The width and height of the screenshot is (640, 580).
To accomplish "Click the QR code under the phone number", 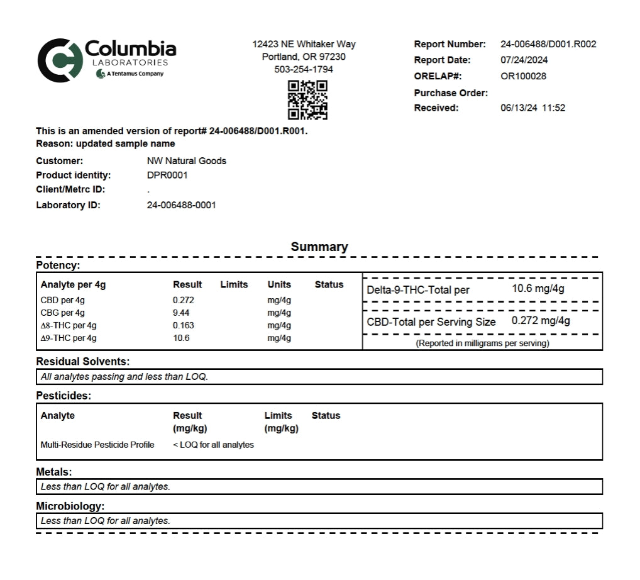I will pos(307,100).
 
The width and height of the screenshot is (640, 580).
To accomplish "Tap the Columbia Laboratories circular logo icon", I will pos(60,60).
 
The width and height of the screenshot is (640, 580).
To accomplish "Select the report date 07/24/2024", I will pos(524,60).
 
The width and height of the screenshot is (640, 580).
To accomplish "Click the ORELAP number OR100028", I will pos(523,76).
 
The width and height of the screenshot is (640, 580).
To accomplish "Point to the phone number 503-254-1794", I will pos(304,69).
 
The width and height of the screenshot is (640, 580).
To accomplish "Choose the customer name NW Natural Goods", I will pos(186,161).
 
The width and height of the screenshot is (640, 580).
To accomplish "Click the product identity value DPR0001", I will pos(167,176).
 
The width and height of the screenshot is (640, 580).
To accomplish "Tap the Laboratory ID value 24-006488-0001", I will pos(181,205).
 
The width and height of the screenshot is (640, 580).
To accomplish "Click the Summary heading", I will pos(319,247).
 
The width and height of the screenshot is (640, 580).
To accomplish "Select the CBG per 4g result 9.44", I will pos(181,313).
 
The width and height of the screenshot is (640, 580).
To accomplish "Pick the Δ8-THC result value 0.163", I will pos(184,325).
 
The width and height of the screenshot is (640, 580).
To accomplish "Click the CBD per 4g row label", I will pos(63,300).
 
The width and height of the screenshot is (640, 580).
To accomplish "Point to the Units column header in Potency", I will pos(279,284).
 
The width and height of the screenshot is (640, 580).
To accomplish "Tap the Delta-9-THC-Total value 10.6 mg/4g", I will pos(538,289).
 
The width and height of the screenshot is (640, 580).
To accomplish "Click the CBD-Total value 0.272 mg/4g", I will pos(541,320).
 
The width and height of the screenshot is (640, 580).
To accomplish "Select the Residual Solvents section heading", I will pos(83,362).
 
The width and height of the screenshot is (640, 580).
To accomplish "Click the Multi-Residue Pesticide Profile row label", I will pos(97,445).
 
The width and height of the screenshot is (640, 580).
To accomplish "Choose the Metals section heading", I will pos(54,472).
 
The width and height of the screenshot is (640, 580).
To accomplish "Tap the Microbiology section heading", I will pos(70,506).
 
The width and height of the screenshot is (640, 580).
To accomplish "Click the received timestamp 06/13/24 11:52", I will pos(532,108).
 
